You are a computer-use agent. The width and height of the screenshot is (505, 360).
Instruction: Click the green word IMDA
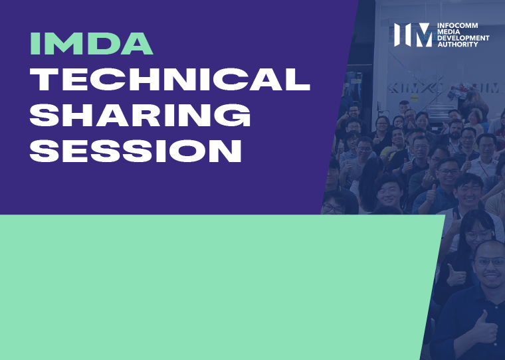(92, 43)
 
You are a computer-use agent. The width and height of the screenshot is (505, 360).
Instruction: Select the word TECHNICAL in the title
(170, 80)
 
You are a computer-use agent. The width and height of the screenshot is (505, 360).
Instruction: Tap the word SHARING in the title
(141, 116)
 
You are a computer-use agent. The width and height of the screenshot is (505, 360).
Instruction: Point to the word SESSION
(136, 152)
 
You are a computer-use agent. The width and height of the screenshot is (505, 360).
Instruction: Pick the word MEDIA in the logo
(449, 33)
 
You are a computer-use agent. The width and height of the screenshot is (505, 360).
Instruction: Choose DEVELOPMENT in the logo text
(463, 39)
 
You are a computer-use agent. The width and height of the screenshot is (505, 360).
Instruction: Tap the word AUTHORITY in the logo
(457, 45)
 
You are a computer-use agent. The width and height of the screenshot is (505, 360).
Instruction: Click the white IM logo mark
(413, 35)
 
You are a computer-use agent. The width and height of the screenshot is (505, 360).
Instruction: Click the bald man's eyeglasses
(488, 261)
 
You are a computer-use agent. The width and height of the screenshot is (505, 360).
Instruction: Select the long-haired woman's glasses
(476, 234)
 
